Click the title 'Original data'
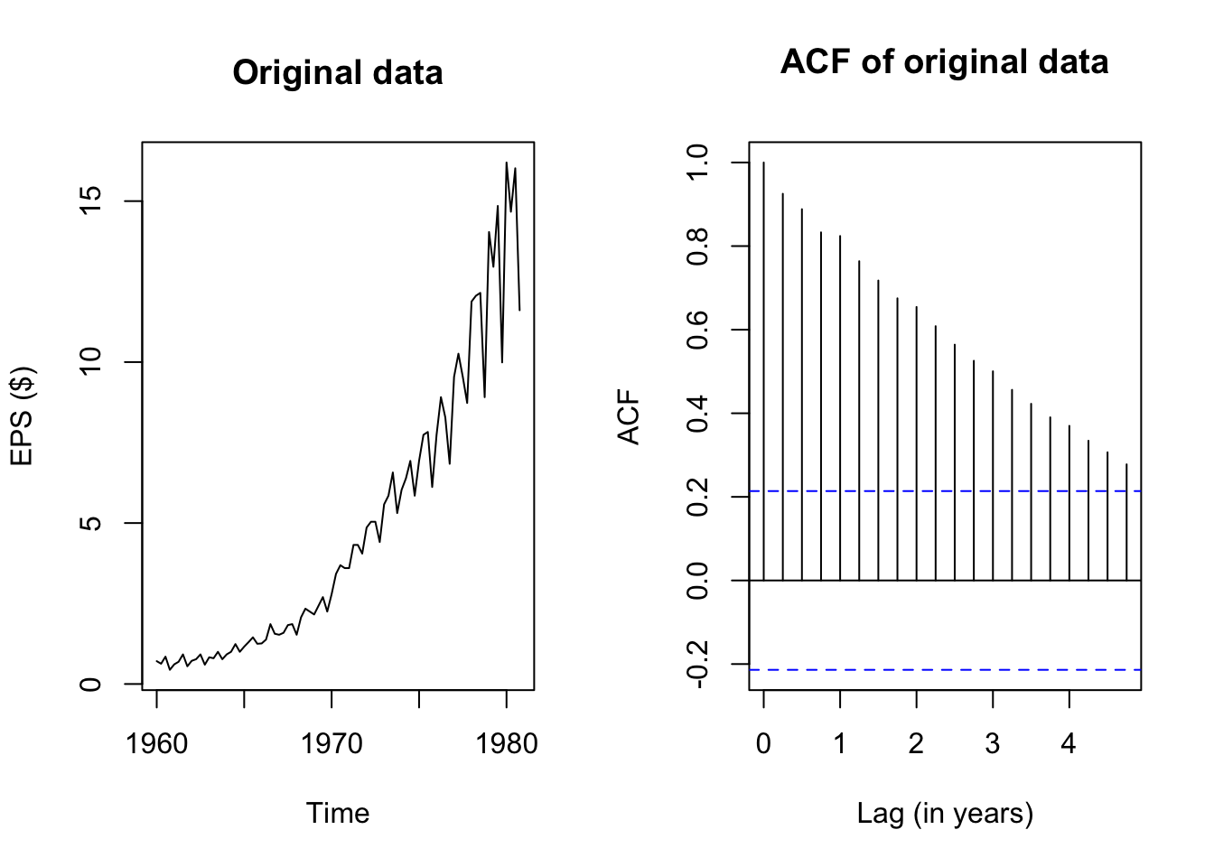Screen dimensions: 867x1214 [337, 73]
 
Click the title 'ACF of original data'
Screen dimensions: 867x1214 [944, 62]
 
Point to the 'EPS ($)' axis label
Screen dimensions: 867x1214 [23, 415]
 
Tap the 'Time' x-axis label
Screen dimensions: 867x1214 [337, 813]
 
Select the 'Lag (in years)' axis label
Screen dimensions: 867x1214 [944, 813]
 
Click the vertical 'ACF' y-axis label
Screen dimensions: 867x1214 [629, 416]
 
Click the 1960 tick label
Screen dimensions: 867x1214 [157, 744]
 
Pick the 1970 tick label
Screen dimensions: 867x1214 [332, 744]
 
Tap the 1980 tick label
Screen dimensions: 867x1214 [507, 744]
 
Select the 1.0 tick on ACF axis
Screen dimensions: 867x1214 [698, 163]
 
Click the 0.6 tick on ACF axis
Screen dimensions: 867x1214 [698, 330]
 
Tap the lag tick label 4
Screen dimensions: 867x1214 [1069, 744]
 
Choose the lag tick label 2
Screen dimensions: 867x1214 [916, 744]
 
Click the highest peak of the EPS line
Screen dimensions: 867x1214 [507, 163]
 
